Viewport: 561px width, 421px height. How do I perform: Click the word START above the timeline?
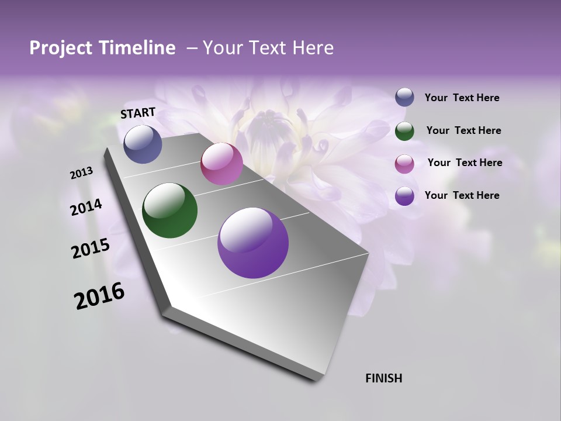(x=138, y=113)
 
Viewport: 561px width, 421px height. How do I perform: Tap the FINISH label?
(x=383, y=378)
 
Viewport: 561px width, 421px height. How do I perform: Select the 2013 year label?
(x=81, y=173)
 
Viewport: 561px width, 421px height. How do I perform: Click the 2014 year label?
(x=86, y=208)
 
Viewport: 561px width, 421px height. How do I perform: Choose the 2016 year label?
(x=99, y=296)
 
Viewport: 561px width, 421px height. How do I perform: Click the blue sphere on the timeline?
(x=143, y=144)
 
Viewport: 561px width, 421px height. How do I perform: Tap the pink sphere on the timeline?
(x=221, y=164)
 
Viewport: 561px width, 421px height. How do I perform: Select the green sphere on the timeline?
(x=169, y=210)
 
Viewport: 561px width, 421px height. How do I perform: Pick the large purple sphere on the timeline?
(x=253, y=243)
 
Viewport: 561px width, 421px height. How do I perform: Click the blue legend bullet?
(x=404, y=98)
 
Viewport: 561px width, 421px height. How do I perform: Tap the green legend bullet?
(x=404, y=130)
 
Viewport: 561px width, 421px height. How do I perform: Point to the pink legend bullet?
(x=404, y=163)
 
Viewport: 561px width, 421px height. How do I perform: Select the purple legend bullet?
(x=404, y=195)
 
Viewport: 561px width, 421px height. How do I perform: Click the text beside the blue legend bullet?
(x=462, y=98)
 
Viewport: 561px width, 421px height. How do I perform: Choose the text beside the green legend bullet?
(x=463, y=130)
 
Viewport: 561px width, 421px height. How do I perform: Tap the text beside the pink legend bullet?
(x=465, y=163)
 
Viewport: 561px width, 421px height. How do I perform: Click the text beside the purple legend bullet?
(x=462, y=195)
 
